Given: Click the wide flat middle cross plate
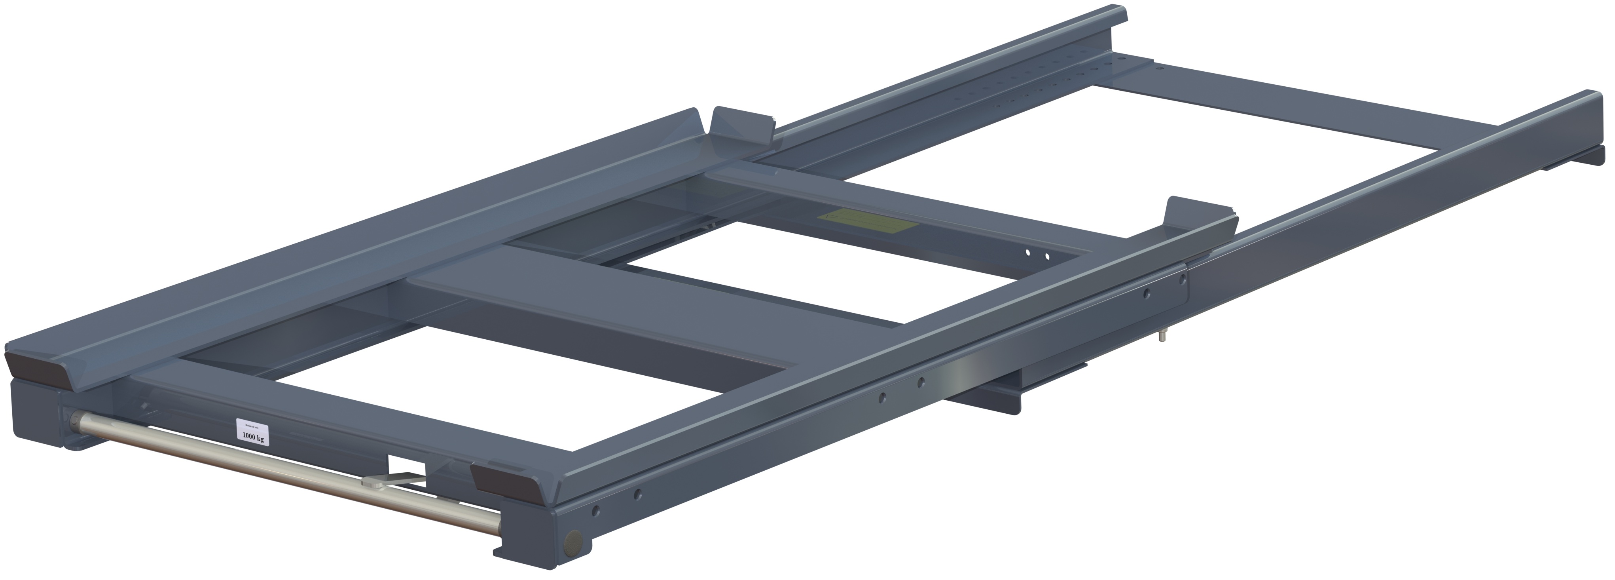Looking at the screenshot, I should [x=627, y=314].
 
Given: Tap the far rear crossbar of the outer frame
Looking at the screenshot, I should [x=1285, y=106].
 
